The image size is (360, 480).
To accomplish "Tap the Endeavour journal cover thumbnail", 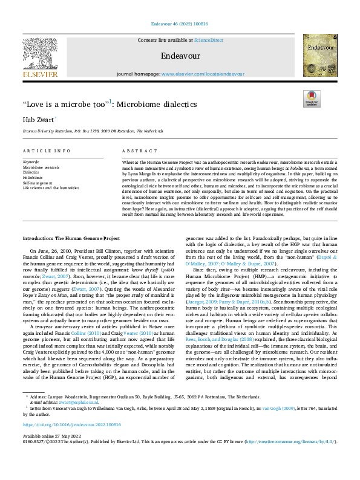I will point(320,55).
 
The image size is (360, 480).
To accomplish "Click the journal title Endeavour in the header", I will point(180,54).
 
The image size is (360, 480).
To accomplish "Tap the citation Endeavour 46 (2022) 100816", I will point(180,25).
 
